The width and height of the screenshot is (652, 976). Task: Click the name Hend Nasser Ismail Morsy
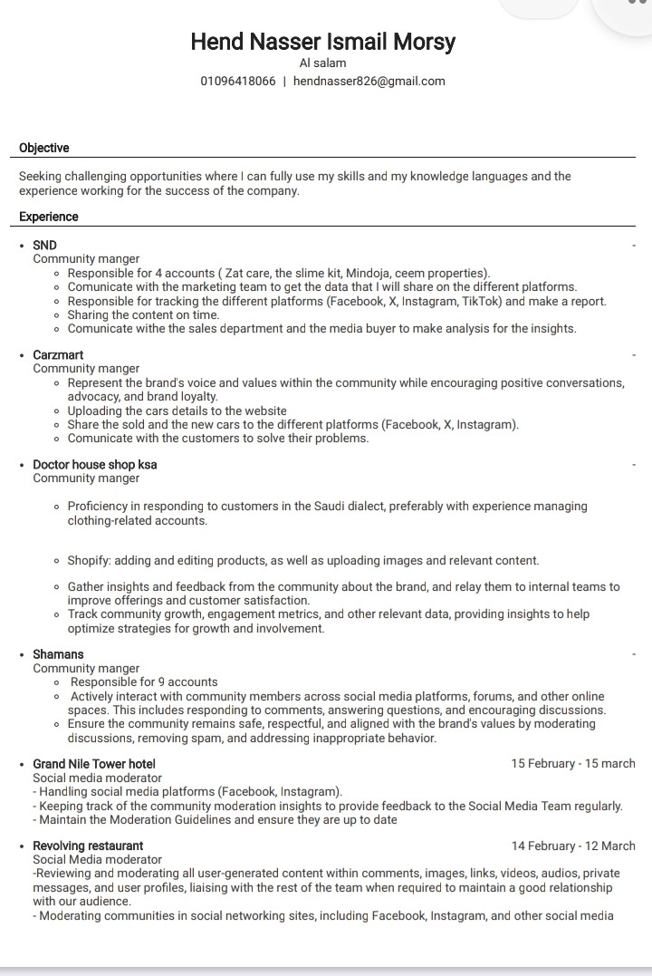[323, 42]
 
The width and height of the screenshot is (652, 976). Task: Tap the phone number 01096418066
[238, 81]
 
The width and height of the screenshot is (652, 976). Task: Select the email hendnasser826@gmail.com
[369, 81]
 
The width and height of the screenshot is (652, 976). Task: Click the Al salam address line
[322, 63]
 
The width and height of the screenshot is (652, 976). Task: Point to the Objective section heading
[43, 148]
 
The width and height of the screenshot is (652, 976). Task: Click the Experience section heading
[48, 217]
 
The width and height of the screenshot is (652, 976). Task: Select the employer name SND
[44, 245]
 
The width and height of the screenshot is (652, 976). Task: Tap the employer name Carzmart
[58, 354]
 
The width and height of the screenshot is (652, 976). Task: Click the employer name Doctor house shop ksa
[94, 464]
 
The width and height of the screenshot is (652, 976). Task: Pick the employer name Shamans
[58, 654]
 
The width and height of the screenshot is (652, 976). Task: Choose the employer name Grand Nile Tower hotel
[94, 764]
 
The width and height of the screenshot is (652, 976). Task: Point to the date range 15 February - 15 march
[573, 764]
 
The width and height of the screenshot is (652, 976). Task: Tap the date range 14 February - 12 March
[573, 846]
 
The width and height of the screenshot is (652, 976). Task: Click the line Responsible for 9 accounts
[144, 682]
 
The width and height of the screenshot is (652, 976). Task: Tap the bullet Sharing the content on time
[143, 314]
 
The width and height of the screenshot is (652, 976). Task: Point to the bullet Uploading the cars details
[177, 411]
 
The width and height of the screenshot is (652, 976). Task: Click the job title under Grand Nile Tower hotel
[97, 778]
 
